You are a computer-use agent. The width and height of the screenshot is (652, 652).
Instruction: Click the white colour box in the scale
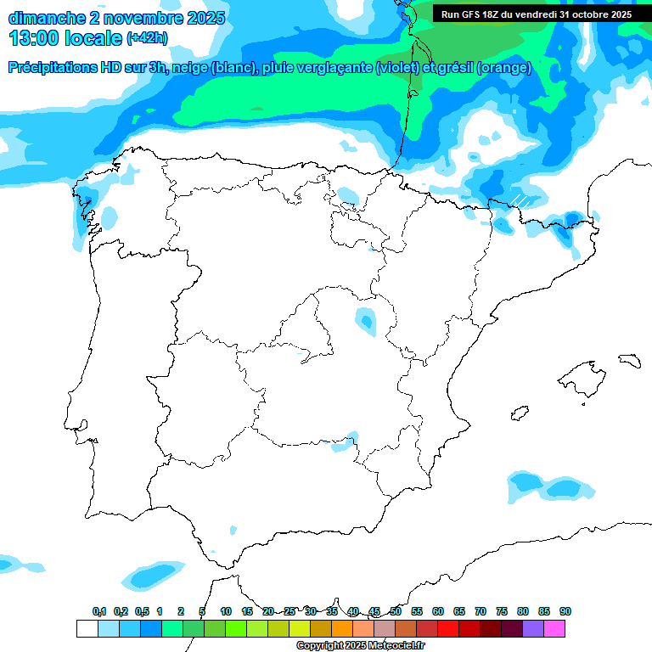(87, 628)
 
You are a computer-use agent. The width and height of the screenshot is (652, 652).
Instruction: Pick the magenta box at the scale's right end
(554, 628)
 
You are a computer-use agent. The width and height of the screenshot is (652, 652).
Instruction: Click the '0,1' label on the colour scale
(98, 611)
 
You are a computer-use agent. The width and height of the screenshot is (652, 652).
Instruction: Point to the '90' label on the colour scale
(565, 611)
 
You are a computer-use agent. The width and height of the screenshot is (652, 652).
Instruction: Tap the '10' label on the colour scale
(225, 611)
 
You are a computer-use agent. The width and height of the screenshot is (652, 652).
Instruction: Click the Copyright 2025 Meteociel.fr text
(360, 646)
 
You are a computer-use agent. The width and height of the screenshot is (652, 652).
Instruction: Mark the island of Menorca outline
(629, 360)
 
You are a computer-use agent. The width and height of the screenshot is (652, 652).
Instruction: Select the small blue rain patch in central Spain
(366, 320)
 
